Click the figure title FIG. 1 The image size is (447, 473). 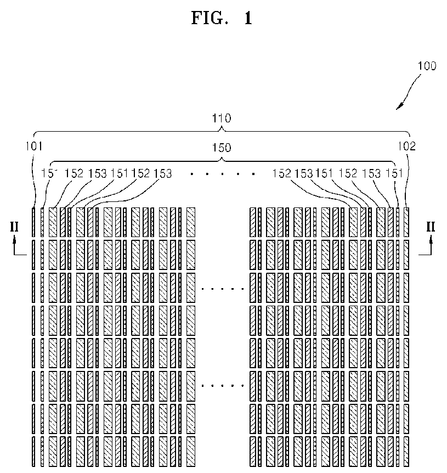[x=222, y=18]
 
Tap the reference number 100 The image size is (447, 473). [x=427, y=66]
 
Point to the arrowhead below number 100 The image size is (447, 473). [x=400, y=106]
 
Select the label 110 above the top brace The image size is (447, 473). [x=222, y=119]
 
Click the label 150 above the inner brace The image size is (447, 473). [x=222, y=148]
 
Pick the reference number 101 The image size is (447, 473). [x=34, y=147]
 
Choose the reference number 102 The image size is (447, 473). [x=407, y=147]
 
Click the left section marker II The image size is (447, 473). [x=14, y=227]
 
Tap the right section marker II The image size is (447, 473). [x=431, y=227]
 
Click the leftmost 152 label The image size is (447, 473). [x=74, y=173]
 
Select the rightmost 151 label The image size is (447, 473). [x=394, y=173]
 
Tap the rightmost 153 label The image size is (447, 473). [x=371, y=173]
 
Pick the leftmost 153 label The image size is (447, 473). [x=98, y=173]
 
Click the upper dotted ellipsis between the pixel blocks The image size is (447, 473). [x=223, y=289]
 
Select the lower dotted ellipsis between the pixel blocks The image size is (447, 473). [x=223, y=386]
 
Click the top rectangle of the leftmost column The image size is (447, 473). [x=33, y=222]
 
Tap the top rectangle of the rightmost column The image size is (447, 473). [x=406, y=222]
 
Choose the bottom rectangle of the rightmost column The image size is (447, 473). [x=406, y=451]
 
